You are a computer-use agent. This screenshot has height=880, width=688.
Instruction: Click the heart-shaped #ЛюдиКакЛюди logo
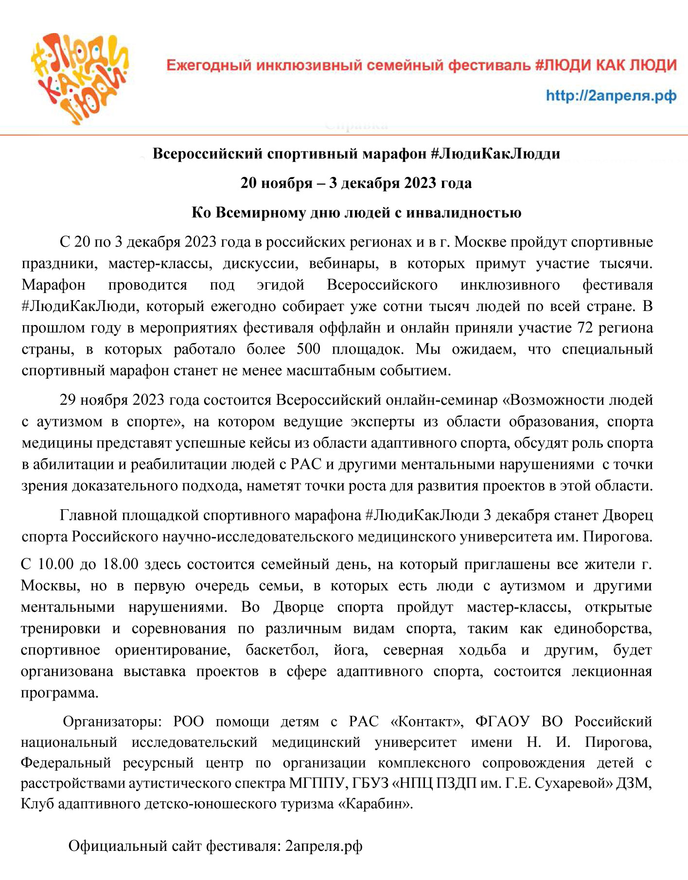(80, 78)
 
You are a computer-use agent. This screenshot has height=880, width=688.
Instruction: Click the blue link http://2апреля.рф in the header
(611, 95)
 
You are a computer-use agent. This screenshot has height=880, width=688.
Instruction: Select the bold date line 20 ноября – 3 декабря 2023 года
(356, 183)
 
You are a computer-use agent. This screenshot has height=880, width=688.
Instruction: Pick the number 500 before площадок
(308, 349)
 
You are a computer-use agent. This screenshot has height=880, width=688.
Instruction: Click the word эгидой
(281, 285)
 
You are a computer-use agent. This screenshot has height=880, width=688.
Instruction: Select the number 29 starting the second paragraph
(68, 400)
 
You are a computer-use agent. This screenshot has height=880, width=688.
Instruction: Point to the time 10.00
(55, 564)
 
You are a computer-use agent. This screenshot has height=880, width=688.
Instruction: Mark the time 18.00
(120, 564)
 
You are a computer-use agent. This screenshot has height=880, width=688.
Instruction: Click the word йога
(351, 650)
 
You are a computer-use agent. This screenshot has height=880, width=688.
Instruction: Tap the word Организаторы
(112, 722)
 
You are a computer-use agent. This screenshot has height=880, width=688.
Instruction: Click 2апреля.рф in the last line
(324, 846)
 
